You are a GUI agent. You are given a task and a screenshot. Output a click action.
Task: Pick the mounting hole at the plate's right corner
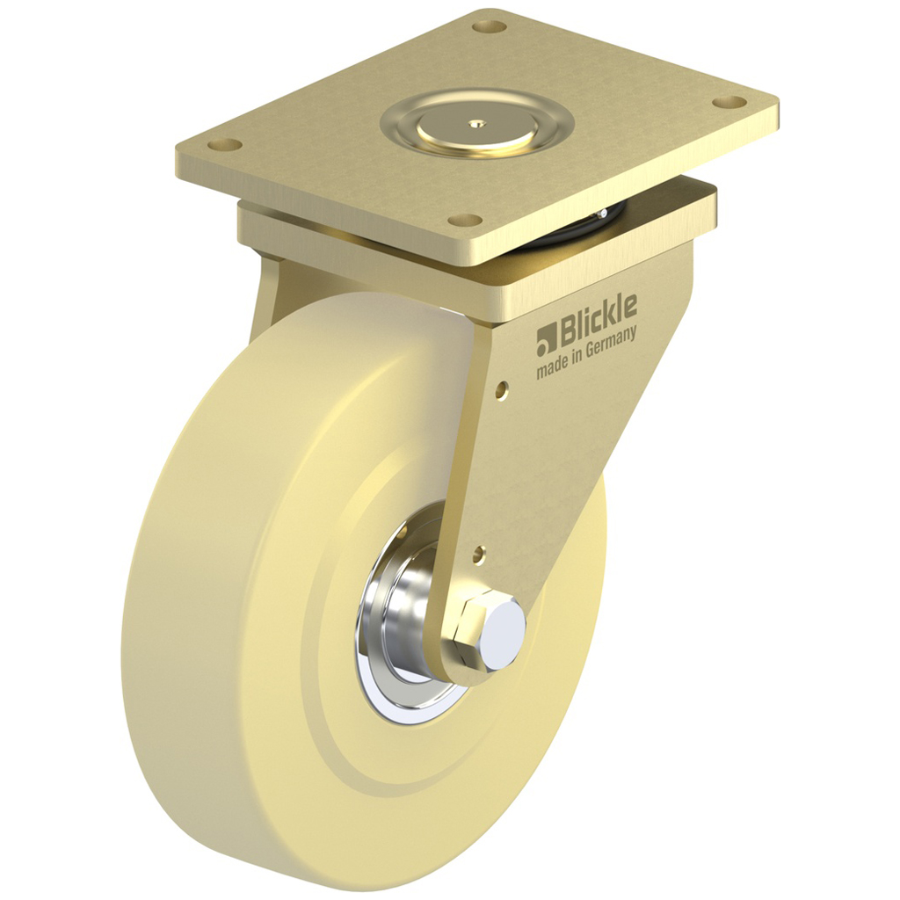[x=726, y=103]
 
